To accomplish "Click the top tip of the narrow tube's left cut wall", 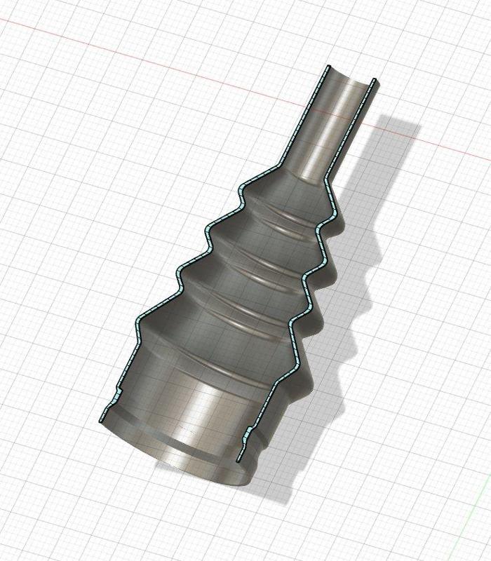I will click(327, 68).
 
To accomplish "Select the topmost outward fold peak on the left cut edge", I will click(243, 187).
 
